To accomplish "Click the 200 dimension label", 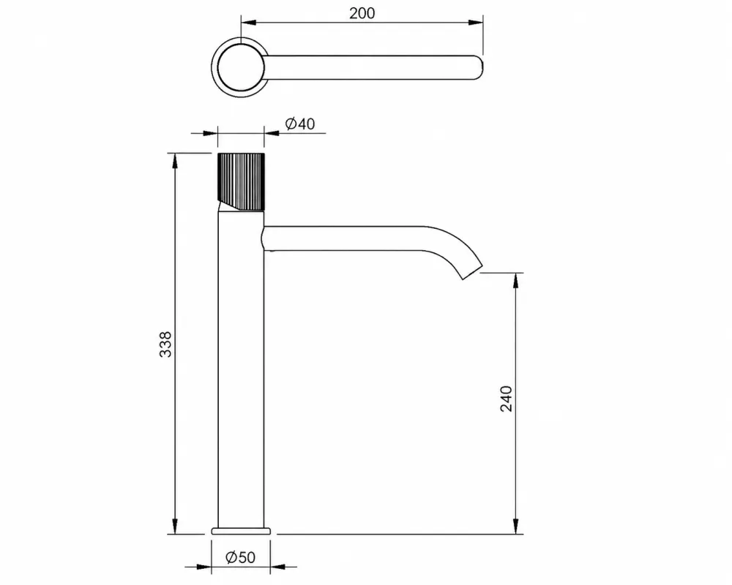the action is tap(362, 13).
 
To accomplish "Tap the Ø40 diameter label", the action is tap(299, 124).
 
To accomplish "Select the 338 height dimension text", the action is tap(165, 344).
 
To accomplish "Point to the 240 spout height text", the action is tap(506, 399).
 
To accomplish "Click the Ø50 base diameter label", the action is tap(240, 557).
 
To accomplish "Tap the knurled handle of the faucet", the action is tap(241, 182).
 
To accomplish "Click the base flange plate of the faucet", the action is tap(241, 531).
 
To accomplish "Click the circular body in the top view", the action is tap(240, 68).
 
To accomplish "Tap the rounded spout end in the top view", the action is tap(477, 68).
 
